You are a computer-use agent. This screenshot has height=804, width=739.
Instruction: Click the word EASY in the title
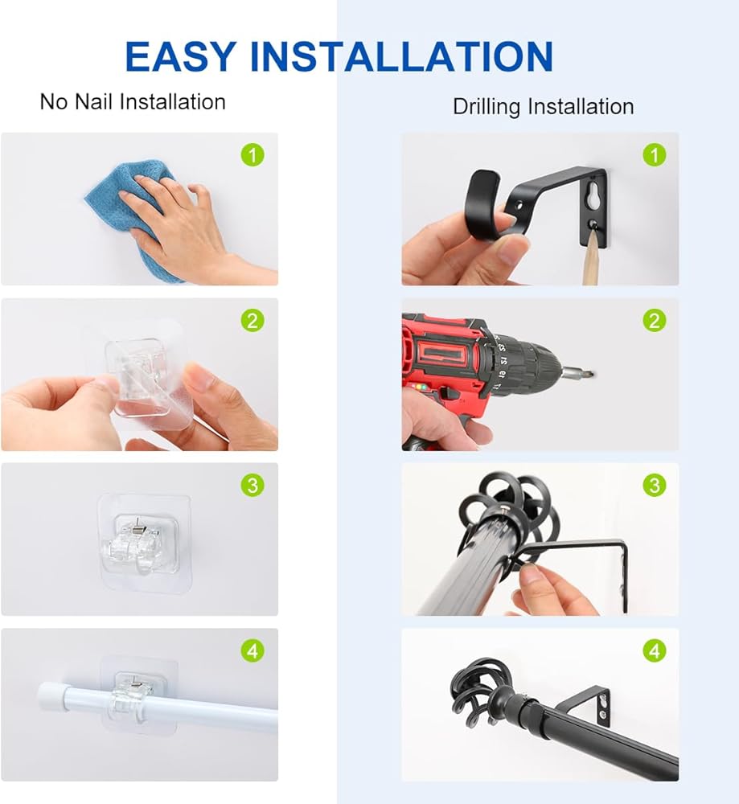pos(180,56)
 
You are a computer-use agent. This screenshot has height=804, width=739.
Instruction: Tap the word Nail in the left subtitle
pos(93,101)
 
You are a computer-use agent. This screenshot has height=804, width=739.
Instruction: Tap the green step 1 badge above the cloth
pos(252,155)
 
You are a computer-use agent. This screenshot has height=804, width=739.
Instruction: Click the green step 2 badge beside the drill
pos(655,321)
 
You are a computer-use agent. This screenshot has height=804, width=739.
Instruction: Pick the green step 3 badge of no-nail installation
pos(252,485)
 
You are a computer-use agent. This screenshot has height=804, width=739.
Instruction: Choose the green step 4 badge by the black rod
pos(655,651)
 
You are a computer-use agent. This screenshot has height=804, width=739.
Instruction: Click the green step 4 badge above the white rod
pos(252,651)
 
